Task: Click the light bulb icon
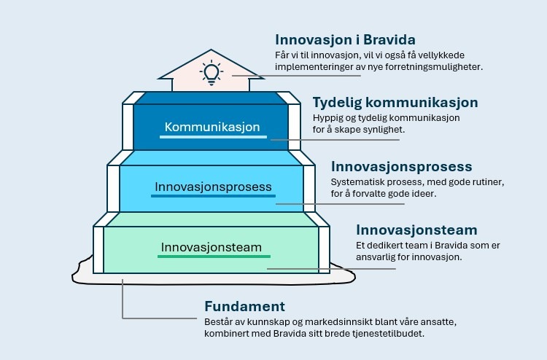click(212, 73)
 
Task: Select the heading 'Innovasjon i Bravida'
click(345, 40)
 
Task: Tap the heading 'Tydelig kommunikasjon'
click(395, 103)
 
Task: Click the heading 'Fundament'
click(244, 307)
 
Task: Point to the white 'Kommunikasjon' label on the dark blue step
click(212, 127)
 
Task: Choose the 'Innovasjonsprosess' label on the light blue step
click(213, 187)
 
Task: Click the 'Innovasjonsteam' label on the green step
click(211, 248)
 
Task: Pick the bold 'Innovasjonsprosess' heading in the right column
click(402, 167)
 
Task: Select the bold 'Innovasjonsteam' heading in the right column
click(416, 230)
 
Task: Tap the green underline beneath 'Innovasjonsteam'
click(214, 257)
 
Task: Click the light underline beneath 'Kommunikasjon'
click(213, 137)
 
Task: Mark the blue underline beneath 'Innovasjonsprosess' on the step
click(213, 196)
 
